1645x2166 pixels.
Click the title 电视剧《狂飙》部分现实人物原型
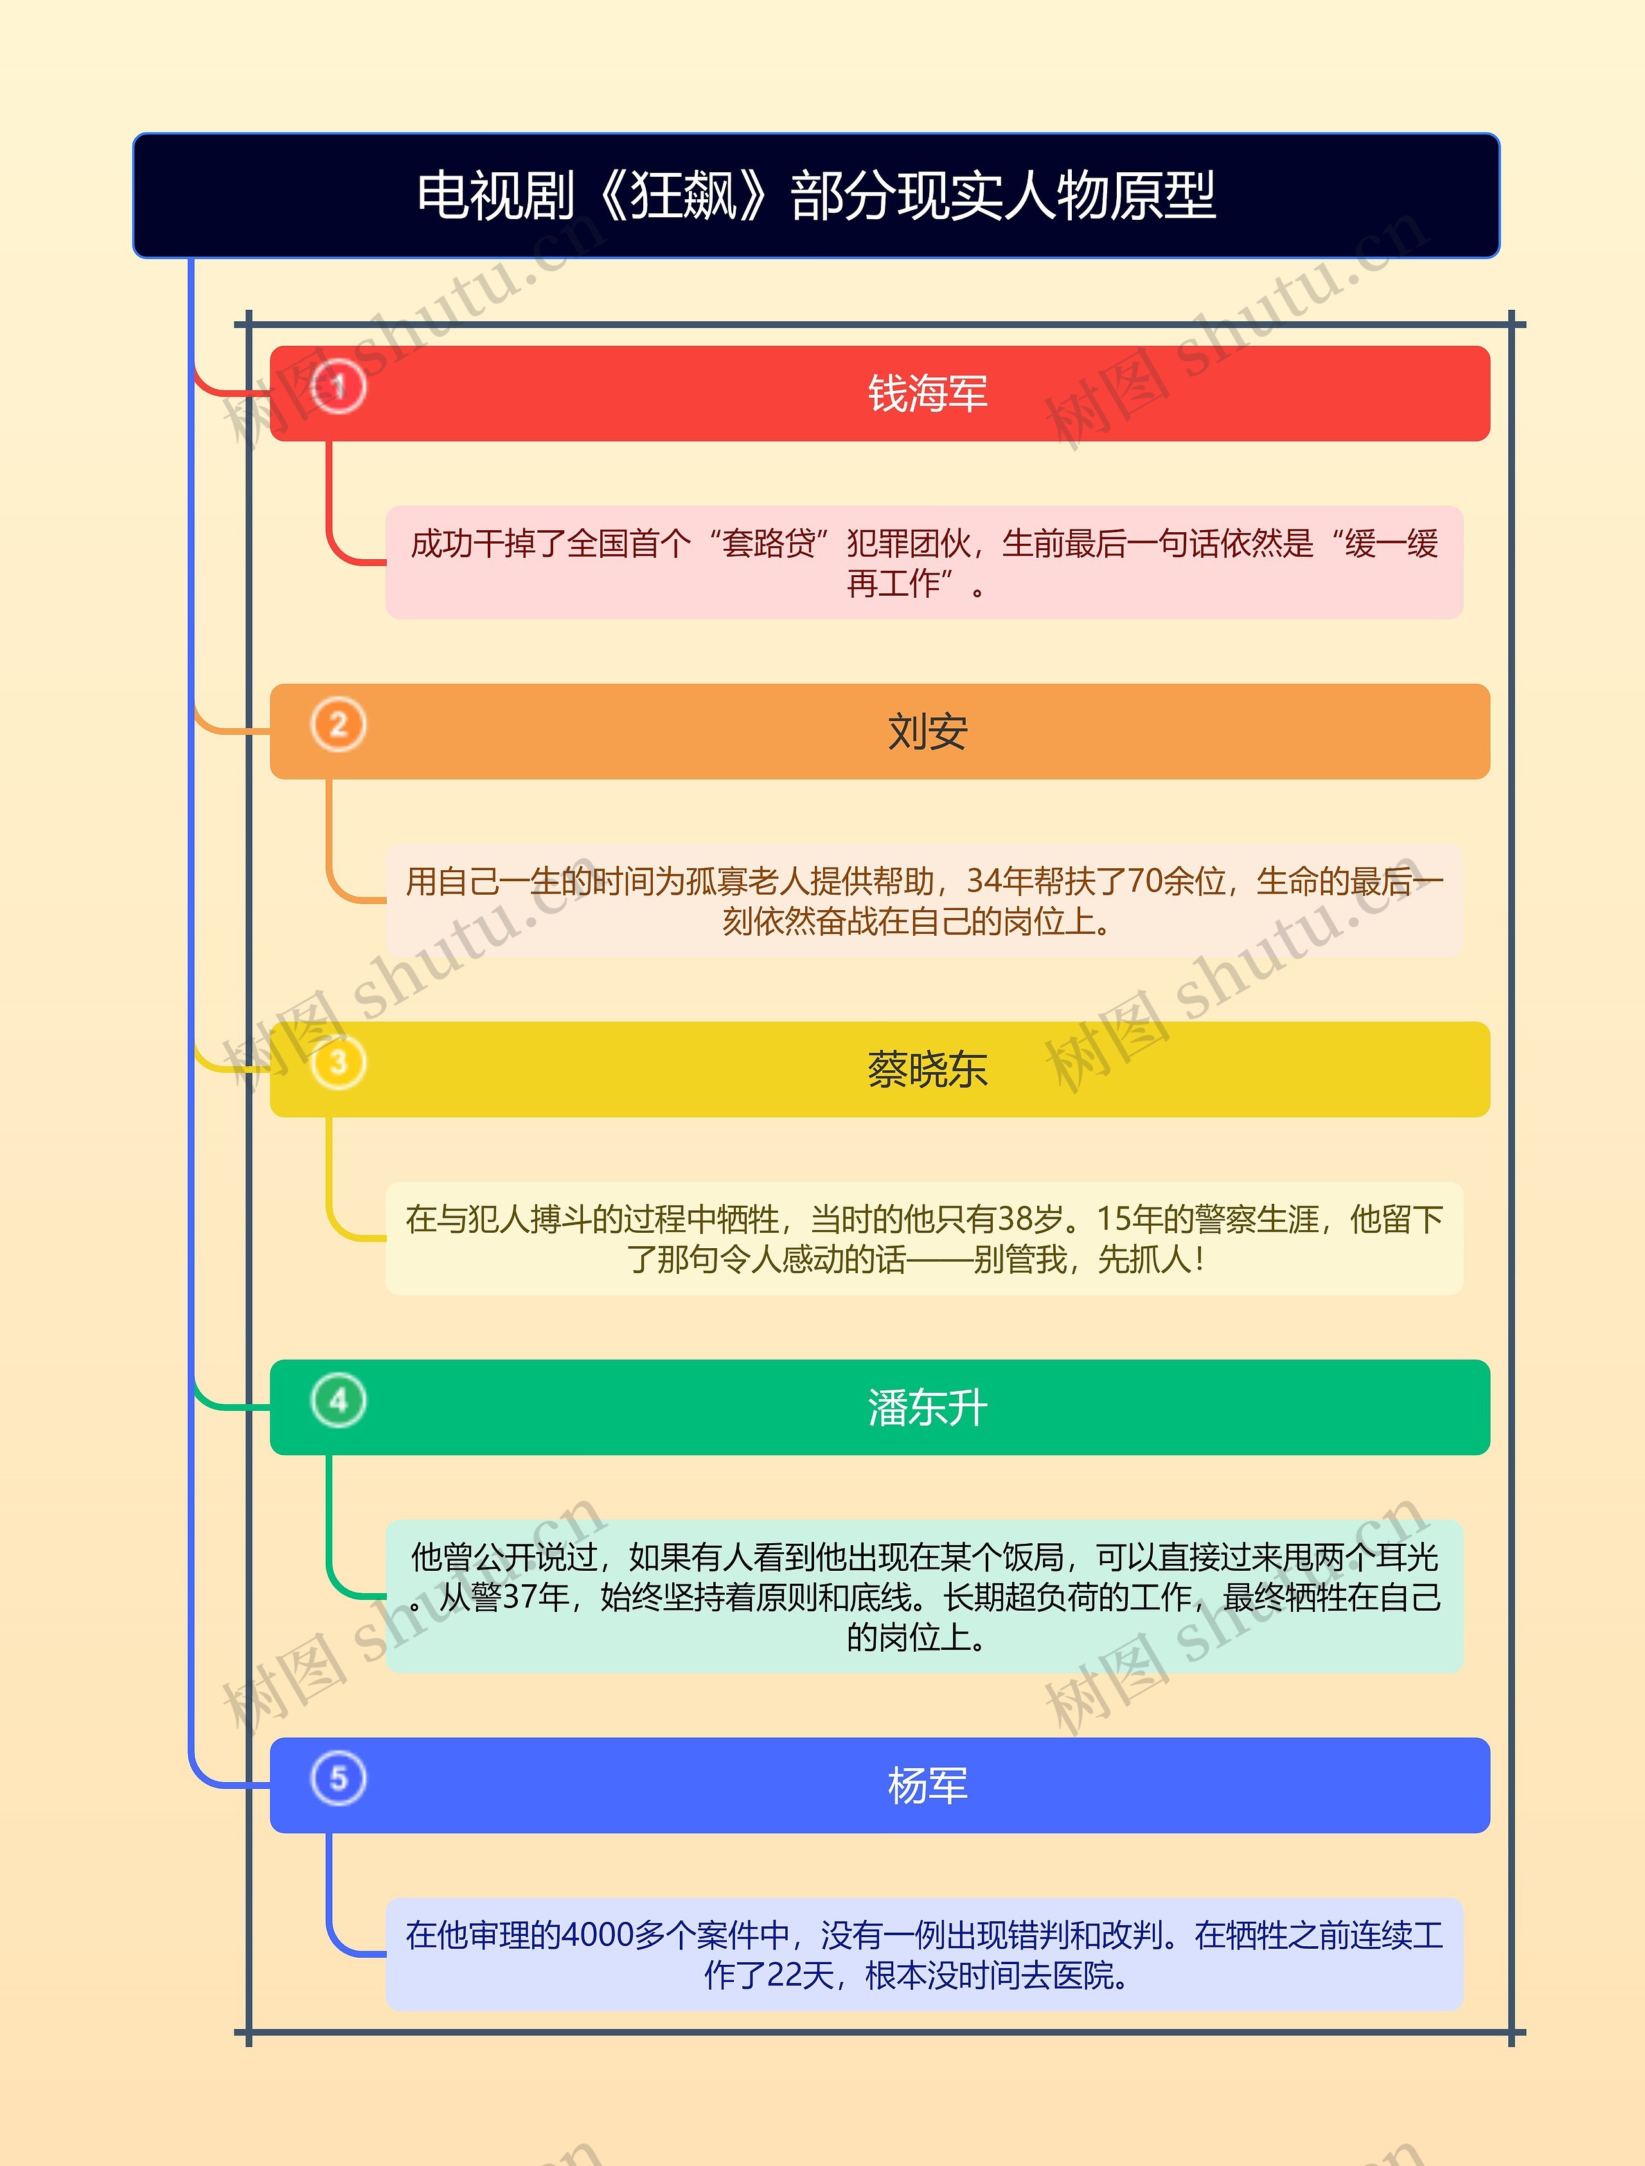click(x=815, y=196)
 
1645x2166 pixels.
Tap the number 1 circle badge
click(x=339, y=387)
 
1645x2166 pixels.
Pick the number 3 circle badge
click(x=339, y=1062)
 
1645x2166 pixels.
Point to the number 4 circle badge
click(x=339, y=1401)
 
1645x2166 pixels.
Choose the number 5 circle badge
click(x=339, y=1778)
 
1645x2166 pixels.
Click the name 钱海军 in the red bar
click(x=927, y=393)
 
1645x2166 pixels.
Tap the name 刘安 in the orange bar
click(x=927, y=731)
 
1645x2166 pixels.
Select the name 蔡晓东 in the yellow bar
click(x=927, y=1070)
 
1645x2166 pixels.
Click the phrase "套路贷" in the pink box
click(x=769, y=544)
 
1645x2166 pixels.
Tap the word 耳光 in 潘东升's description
click(x=1407, y=1557)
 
